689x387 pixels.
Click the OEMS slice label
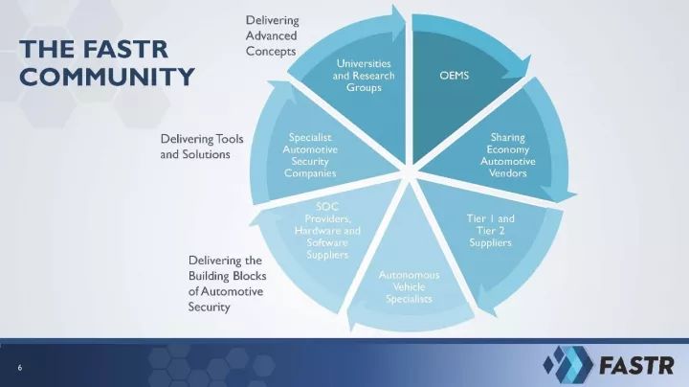(x=455, y=76)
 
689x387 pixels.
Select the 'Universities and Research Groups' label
(x=364, y=76)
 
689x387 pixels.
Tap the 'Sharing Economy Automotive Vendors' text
(x=507, y=155)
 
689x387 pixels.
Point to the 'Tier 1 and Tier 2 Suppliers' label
(x=490, y=231)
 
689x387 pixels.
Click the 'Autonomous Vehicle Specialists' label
(x=410, y=286)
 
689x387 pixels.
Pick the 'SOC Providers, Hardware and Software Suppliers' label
(x=327, y=231)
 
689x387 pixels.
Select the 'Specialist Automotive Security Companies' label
(x=310, y=155)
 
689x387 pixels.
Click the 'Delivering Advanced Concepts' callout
(x=273, y=35)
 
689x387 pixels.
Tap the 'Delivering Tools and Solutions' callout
(x=202, y=147)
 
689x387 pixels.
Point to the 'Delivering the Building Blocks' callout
(x=227, y=284)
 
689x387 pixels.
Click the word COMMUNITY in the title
(x=107, y=77)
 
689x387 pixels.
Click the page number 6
(x=20, y=368)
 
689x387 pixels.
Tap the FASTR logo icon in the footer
(x=567, y=364)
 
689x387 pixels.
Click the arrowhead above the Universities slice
(x=398, y=17)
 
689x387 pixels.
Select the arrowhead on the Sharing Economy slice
(x=559, y=193)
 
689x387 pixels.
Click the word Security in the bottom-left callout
(x=210, y=307)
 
